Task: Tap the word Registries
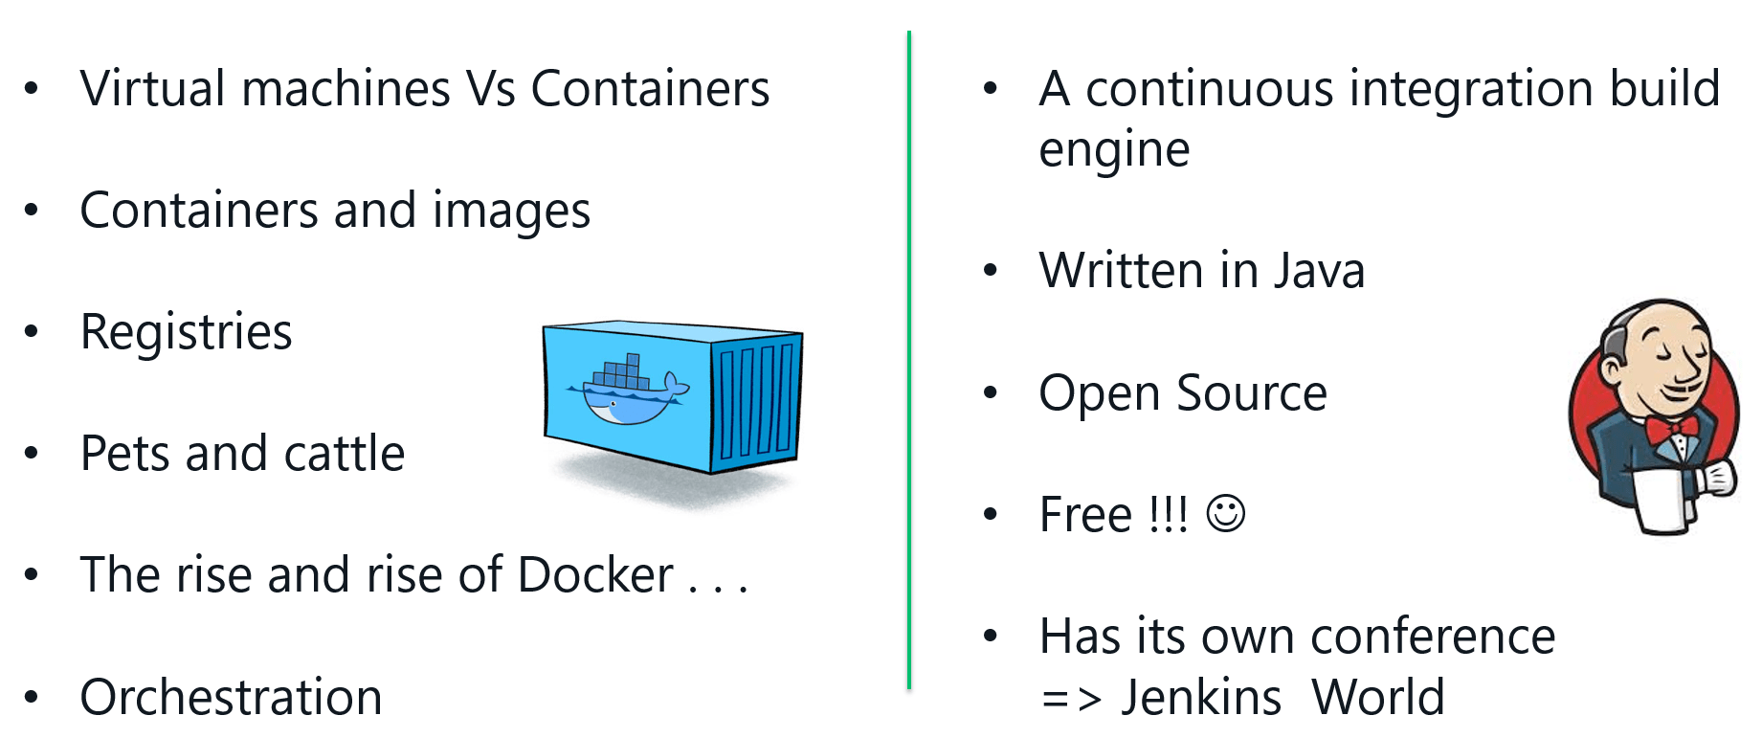point(186,333)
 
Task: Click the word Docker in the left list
point(595,575)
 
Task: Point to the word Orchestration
point(231,697)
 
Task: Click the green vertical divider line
point(908,364)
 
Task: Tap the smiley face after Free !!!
point(1225,514)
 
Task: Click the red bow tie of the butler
point(1672,428)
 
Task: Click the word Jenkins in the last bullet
point(1201,697)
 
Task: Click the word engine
point(1114,150)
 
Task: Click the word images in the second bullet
point(511,212)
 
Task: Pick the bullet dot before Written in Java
point(991,271)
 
